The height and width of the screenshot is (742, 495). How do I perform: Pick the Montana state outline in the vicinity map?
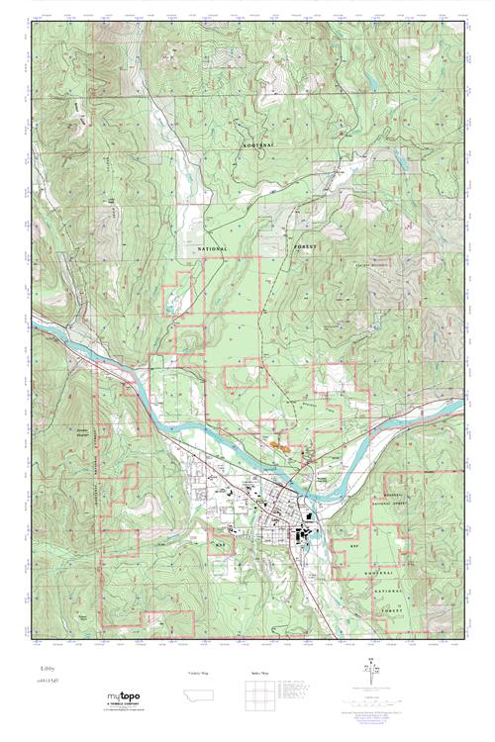(x=200, y=694)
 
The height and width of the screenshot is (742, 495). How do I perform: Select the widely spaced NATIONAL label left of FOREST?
(x=212, y=249)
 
